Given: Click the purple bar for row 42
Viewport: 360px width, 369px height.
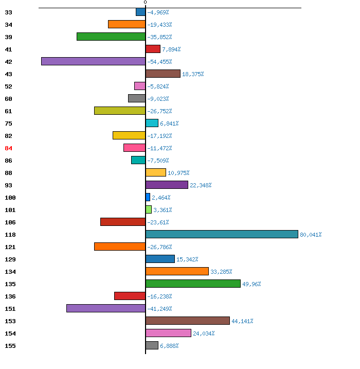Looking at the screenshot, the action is click(x=94, y=61).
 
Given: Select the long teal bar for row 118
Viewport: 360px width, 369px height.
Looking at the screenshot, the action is click(x=222, y=234).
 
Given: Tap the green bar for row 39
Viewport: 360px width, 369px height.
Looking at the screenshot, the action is click(x=111, y=37).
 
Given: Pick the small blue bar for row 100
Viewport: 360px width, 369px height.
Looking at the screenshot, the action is click(x=148, y=197).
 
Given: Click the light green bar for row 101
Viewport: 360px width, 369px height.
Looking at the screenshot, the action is click(x=149, y=209).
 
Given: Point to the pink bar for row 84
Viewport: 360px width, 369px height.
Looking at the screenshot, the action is click(x=135, y=148).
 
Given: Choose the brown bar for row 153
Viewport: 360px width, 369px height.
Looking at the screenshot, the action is click(x=188, y=321).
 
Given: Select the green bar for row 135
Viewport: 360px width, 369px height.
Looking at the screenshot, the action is click(x=193, y=284).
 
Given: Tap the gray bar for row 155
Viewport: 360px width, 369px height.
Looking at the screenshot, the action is click(x=152, y=345).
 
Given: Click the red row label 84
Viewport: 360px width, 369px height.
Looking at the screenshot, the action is click(x=8, y=148).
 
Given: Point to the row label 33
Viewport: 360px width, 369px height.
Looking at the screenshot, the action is click(x=8, y=12).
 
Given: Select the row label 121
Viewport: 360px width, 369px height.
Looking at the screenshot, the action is click(x=10, y=247).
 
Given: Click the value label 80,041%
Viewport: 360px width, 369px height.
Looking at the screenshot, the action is click(x=311, y=235).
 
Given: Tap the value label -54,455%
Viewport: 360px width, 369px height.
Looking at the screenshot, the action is click(x=159, y=62).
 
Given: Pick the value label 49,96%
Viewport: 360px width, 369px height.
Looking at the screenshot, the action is click(x=251, y=284).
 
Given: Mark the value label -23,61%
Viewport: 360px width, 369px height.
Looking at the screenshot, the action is click(x=158, y=222).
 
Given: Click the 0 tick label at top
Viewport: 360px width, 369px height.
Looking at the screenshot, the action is click(x=146, y=3).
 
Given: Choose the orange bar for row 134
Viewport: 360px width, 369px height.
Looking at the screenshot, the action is click(x=177, y=271).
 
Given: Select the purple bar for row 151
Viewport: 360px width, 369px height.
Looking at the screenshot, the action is click(x=106, y=308).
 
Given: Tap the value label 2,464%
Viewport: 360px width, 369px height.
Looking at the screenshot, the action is click(x=161, y=198).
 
